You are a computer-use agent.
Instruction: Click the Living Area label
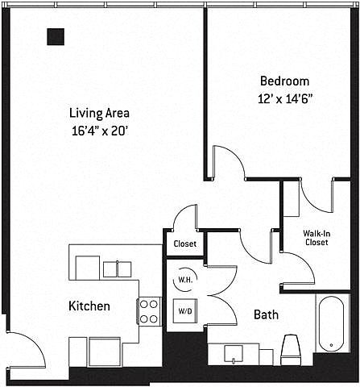click(99, 113)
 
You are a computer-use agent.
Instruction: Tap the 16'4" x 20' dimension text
click(99, 131)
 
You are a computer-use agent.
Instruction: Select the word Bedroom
click(285, 81)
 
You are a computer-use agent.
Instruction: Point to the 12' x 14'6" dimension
click(286, 99)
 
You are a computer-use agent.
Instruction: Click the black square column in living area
click(56, 36)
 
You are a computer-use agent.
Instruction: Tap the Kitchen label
click(89, 306)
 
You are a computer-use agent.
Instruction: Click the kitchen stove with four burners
click(149, 312)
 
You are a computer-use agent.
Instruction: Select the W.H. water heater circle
click(185, 280)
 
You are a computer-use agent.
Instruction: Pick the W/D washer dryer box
click(185, 311)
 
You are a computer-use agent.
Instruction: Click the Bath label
click(266, 314)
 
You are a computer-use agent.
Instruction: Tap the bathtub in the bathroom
click(331, 323)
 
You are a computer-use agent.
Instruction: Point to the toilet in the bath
click(291, 350)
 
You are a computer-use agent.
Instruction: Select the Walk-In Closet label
click(317, 238)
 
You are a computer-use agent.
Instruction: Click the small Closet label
click(185, 243)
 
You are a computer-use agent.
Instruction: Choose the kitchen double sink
click(118, 269)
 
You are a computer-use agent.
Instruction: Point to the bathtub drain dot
click(331, 345)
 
